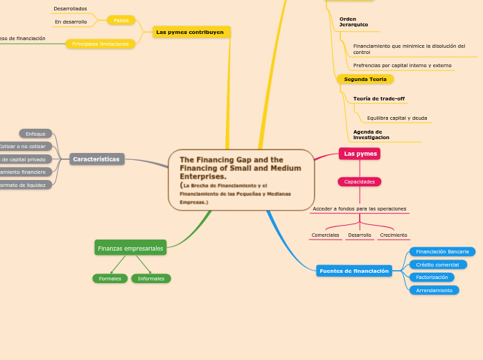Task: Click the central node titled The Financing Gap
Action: pos(241,180)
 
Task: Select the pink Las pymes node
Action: pos(360,154)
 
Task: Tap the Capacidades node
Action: pos(360,181)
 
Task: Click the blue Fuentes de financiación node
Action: pos(353,271)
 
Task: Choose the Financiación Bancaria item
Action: pos(442,251)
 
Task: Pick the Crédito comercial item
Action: pos(438,264)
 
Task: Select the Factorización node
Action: pos(432,277)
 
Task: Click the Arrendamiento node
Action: pos(434,290)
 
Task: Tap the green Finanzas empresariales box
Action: pos(130,248)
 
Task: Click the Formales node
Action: pos(110,278)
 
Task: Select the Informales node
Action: pos(151,278)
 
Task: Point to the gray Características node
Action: pos(97,159)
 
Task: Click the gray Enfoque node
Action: pos(35,134)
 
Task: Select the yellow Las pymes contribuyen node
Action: pos(190,32)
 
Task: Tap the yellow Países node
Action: pos(121,20)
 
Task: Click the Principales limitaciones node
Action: pos(100,44)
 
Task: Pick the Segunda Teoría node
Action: pos(365,79)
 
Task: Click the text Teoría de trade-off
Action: pos(378,98)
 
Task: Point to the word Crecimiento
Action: pos(394,235)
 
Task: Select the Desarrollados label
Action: pos(70,8)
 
